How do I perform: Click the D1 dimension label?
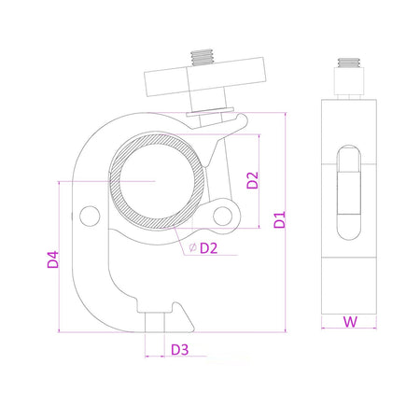(x=279, y=220)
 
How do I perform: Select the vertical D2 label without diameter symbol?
(x=253, y=179)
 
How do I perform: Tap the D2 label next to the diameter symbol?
(x=208, y=248)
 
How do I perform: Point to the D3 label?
(x=180, y=350)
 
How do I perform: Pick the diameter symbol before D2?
(x=191, y=248)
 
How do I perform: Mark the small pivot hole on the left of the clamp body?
(x=89, y=216)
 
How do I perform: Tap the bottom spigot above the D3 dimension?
(x=156, y=323)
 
